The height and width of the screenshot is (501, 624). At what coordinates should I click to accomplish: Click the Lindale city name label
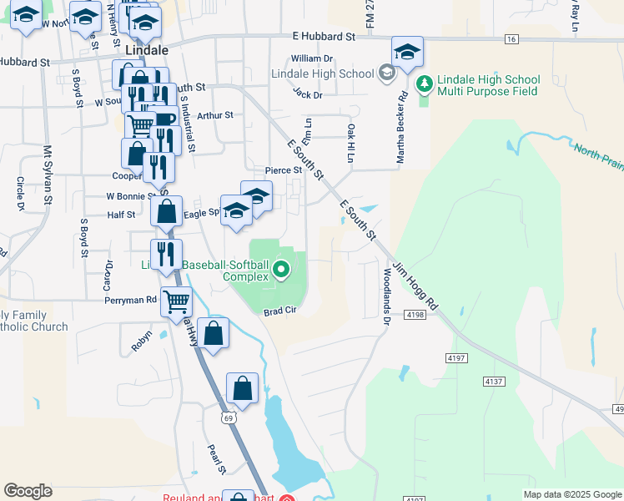tap(147, 50)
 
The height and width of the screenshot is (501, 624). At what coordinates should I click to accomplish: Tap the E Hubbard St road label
tap(324, 37)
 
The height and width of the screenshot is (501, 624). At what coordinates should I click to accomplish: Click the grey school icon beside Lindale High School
tap(386, 73)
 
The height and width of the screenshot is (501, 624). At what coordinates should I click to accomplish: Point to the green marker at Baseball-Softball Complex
tap(282, 269)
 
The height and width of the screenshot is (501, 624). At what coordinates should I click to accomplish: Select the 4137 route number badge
tap(495, 381)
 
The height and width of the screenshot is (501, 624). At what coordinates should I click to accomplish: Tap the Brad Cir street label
tap(280, 311)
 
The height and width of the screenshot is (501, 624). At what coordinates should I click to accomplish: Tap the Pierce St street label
tap(283, 170)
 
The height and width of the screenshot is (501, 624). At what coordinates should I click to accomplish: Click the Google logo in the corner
tap(28, 491)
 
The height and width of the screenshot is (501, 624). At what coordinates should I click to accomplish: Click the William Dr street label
tap(312, 58)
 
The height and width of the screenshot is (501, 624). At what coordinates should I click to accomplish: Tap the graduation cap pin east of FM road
tap(407, 52)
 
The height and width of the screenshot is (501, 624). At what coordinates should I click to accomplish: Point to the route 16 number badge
tap(511, 39)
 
